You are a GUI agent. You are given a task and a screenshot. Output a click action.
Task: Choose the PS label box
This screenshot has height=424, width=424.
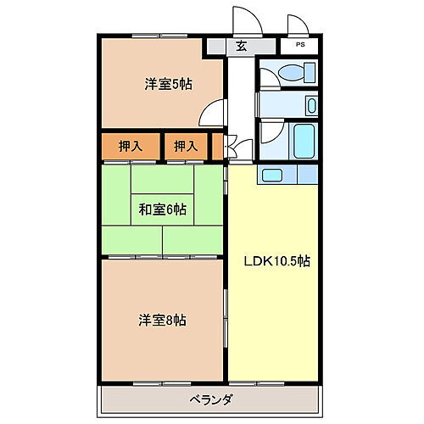click(x=300, y=46)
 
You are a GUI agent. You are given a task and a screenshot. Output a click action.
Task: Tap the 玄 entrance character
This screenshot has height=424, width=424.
click(x=241, y=47)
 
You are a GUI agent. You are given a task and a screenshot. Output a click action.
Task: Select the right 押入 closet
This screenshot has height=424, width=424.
click(x=186, y=146)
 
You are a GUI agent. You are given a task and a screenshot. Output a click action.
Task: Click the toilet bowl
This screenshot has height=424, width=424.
click(x=298, y=71)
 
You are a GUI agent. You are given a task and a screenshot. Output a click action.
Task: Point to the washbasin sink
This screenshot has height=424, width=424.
click(x=310, y=106)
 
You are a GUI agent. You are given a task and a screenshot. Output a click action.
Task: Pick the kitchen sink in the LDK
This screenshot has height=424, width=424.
click(x=274, y=175)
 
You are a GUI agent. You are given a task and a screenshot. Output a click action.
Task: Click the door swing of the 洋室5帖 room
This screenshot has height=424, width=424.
click(x=216, y=112)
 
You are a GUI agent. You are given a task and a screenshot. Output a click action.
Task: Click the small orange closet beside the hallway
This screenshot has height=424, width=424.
click(x=220, y=146)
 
